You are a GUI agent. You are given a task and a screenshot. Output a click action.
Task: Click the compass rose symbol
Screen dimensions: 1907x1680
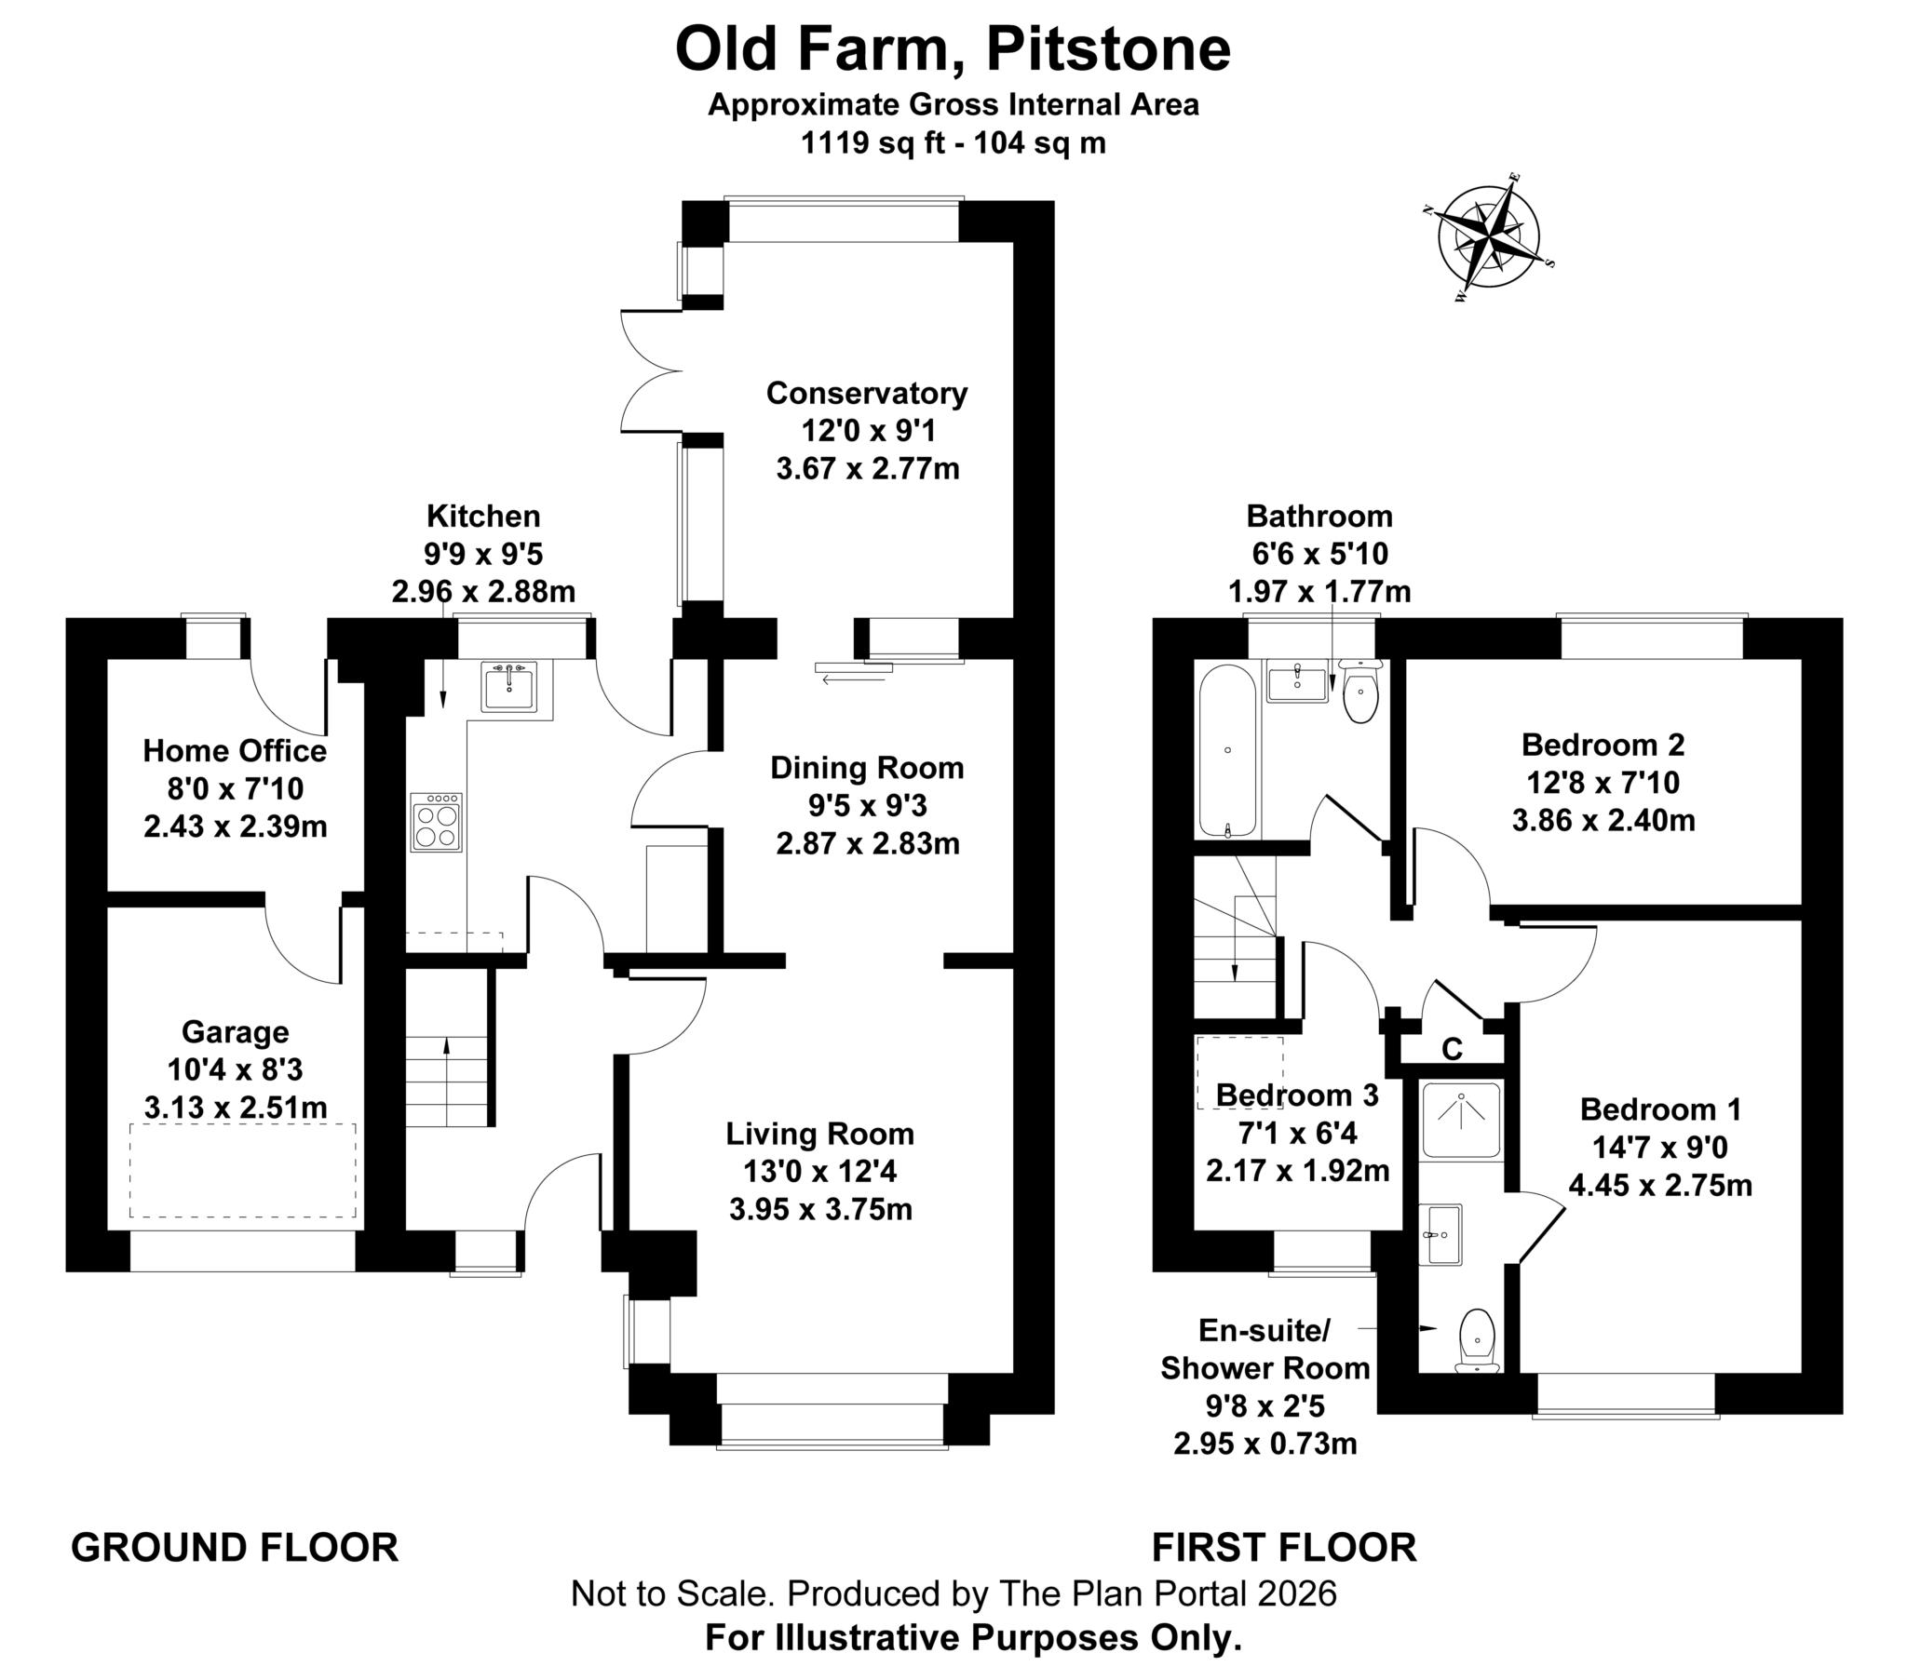(x=1489, y=238)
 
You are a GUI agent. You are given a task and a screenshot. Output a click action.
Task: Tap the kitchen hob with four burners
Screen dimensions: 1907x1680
(x=436, y=822)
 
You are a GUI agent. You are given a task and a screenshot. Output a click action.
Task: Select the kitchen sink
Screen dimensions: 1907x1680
(x=509, y=686)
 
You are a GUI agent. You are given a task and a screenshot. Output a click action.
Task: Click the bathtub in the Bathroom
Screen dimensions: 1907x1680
(x=1227, y=751)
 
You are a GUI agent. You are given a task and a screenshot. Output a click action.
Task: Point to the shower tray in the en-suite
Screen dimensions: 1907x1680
(x=1461, y=1120)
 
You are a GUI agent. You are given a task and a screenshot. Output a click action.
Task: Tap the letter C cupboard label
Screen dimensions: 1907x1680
(x=1453, y=1049)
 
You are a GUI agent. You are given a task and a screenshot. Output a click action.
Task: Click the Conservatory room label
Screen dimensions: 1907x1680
(x=867, y=393)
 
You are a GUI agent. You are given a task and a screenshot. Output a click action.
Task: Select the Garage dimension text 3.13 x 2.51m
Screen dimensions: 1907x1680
(x=235, y=1109)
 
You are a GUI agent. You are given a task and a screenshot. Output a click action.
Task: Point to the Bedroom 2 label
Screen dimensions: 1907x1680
(x=1603, y=745)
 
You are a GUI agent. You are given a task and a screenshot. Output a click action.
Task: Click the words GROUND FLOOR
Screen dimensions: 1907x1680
(x=235, y=1548)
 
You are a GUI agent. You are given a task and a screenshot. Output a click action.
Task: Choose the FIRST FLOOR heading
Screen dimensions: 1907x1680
(x=1285, y=1548)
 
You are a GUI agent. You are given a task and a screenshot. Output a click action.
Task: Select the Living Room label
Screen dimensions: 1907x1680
(x=820, y=1134)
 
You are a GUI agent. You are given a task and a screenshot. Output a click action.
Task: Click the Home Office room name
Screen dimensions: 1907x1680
(x=235, y=751)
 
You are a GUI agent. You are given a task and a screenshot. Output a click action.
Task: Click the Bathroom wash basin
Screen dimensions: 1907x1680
(x=1298, y=681)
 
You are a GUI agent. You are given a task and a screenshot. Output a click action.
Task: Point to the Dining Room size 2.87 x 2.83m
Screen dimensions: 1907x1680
(x=868, y=843)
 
